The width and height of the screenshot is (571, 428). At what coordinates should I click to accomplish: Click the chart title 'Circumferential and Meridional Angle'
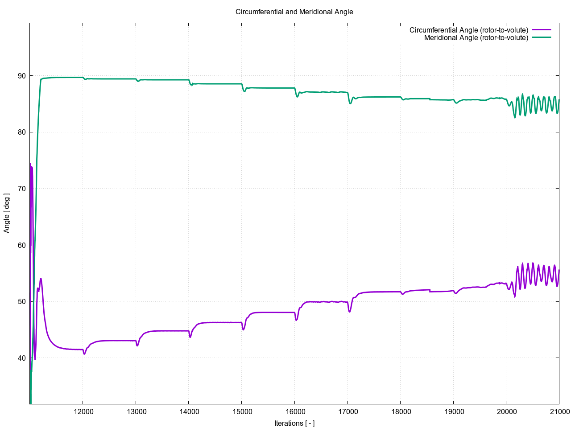[x=294, y=12]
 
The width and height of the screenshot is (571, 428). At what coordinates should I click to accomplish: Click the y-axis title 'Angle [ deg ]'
[x=7, y=213]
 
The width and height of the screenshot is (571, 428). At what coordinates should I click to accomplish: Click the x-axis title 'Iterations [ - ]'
[x=294, y=423]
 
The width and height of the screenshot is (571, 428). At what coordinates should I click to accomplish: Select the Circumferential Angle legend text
[x=468, y=30]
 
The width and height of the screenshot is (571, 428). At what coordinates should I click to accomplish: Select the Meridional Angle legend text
[x=476, y=38]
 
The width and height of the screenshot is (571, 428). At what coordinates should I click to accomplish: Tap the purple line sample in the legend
[x=541, y=30]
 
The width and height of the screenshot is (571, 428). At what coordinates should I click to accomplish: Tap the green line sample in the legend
[x=541, y=38]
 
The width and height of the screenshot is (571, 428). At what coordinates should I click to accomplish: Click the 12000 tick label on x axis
[x=83, y=412]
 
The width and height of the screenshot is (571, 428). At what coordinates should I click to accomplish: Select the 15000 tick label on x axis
[x=241, y=412]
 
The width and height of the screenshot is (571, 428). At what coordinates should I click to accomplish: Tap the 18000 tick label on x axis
[x=400, y=412]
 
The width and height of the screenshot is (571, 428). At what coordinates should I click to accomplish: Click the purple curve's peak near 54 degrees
[x=41, y=279]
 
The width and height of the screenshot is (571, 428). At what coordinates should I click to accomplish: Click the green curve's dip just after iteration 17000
[x=350, y=103]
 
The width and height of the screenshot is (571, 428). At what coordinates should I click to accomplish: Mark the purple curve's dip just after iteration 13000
[x=137, y=346]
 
